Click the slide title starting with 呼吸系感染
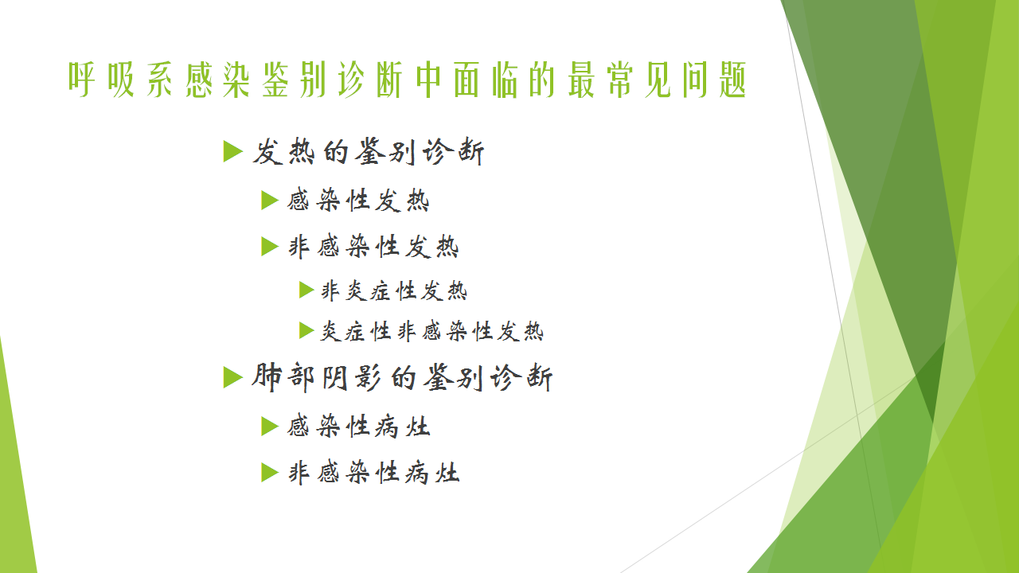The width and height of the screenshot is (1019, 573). point(407,80)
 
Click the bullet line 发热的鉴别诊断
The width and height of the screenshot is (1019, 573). point(369,151)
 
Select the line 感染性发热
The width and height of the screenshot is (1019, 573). point(358,200)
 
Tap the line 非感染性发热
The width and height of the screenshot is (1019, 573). point(373,247)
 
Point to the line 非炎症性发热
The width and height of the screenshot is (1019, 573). point(394,290)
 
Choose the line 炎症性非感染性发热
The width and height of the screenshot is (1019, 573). point(432,330)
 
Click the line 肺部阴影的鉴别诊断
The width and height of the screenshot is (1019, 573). point(402,377)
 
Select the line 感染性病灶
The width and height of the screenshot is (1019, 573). point(358,427)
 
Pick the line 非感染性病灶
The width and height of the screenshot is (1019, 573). point(373,473)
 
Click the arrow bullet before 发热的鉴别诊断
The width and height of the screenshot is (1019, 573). point(233,151)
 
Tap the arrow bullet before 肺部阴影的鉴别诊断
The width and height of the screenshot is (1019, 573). point(233,377)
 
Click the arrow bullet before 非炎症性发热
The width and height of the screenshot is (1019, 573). point(306,290)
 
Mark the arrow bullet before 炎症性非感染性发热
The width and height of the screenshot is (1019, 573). point(306,330)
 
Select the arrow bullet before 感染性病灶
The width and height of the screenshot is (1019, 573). point(270,427)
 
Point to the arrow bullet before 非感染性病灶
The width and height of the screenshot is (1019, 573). point(270,473)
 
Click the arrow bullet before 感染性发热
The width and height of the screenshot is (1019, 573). point(270,201)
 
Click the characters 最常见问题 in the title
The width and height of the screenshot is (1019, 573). point(658,80)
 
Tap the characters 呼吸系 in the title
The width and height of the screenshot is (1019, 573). point(120,80)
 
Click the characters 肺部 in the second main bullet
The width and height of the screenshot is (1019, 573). point(283,377)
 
